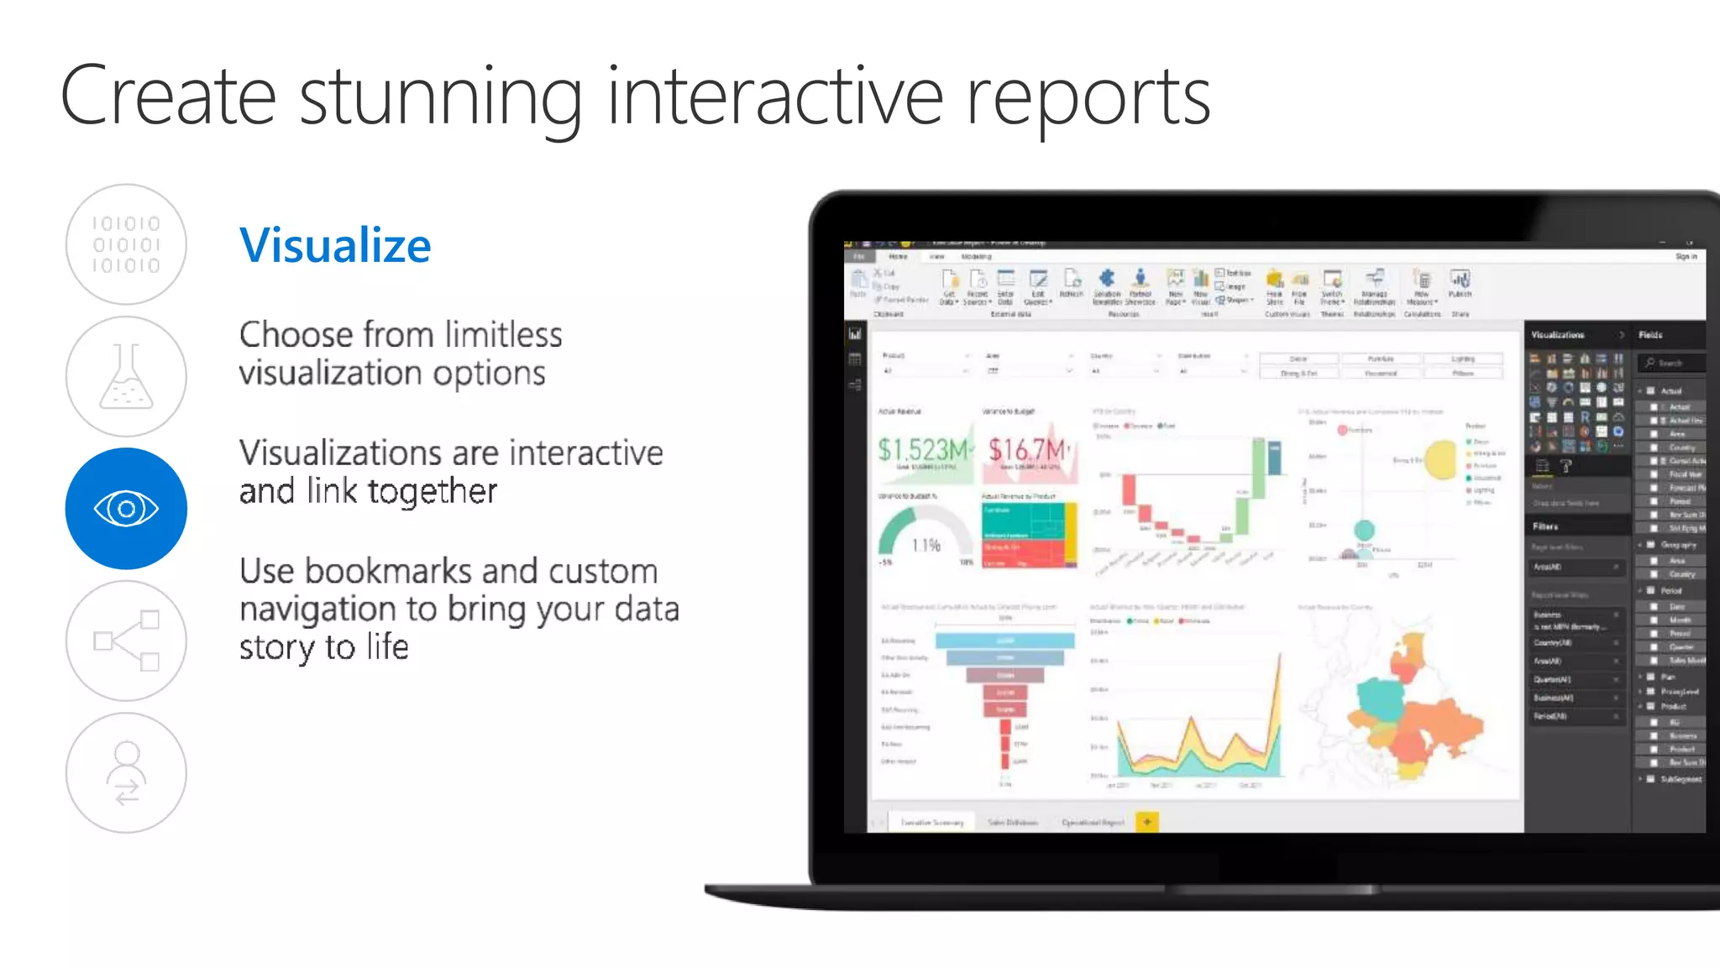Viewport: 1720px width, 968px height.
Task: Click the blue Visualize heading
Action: point(334,245)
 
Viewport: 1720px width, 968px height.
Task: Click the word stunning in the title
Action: point(440,97)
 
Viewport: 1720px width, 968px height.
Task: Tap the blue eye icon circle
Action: point(126,508)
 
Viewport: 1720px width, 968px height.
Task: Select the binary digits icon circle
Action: point(126,244)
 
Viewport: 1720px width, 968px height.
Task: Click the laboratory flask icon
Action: point(126,376)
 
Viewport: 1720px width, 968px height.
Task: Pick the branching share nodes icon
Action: point(126,641)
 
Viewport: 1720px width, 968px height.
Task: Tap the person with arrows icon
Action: point(126,772)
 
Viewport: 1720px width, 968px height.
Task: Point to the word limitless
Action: point(503,335)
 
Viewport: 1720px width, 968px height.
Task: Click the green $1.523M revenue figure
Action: point(922,450)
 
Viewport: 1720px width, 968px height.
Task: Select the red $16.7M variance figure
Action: point(1027,450)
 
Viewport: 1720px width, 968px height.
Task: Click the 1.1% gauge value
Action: point(926,546)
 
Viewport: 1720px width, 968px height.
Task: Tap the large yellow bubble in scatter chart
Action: point(1440,459)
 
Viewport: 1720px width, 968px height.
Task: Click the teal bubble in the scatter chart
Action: point(1364,530)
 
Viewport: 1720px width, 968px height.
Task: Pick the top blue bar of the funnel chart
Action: point(1004,641)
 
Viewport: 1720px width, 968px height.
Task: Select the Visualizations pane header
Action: point(1558,335)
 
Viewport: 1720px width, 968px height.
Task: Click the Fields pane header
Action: point(1650,335)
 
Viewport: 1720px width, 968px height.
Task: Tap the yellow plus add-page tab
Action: point(1147,822)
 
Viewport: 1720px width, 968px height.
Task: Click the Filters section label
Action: point(1545,526)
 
